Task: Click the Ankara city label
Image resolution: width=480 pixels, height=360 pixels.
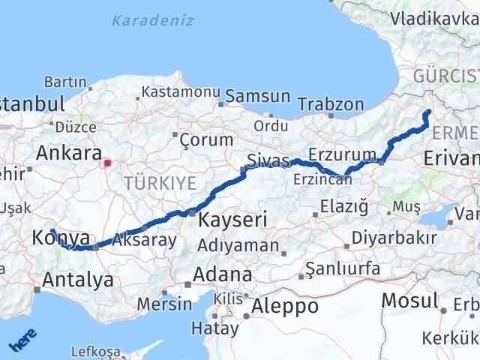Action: (69, 153)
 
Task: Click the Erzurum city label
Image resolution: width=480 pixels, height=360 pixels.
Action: (347, 154)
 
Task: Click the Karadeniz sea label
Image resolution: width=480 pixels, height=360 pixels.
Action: (152, 20)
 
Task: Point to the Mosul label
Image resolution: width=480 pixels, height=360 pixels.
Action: (409, 300)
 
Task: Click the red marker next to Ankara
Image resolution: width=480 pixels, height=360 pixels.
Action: (108, 161)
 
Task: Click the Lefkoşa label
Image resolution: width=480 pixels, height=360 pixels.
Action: (94, 351)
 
